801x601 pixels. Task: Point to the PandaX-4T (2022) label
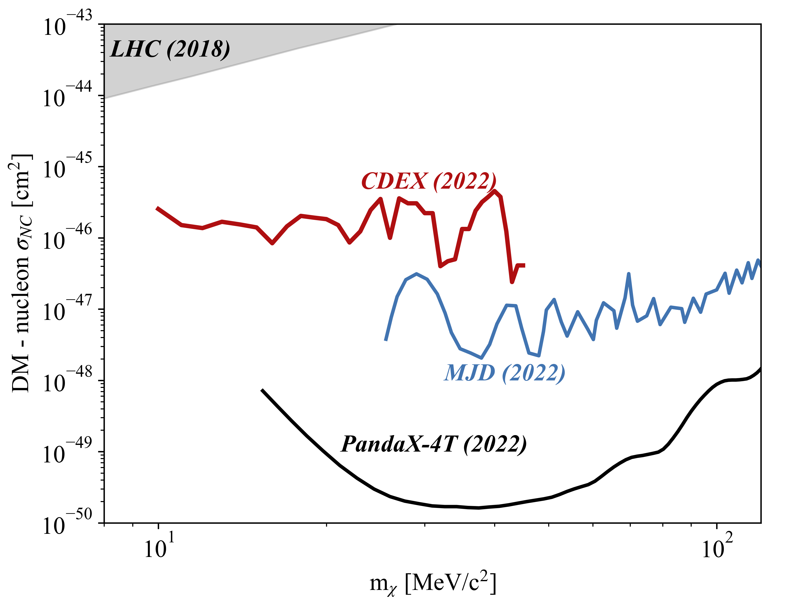(x=433, y=444)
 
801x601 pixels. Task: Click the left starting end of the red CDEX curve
(x=157, y=208)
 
